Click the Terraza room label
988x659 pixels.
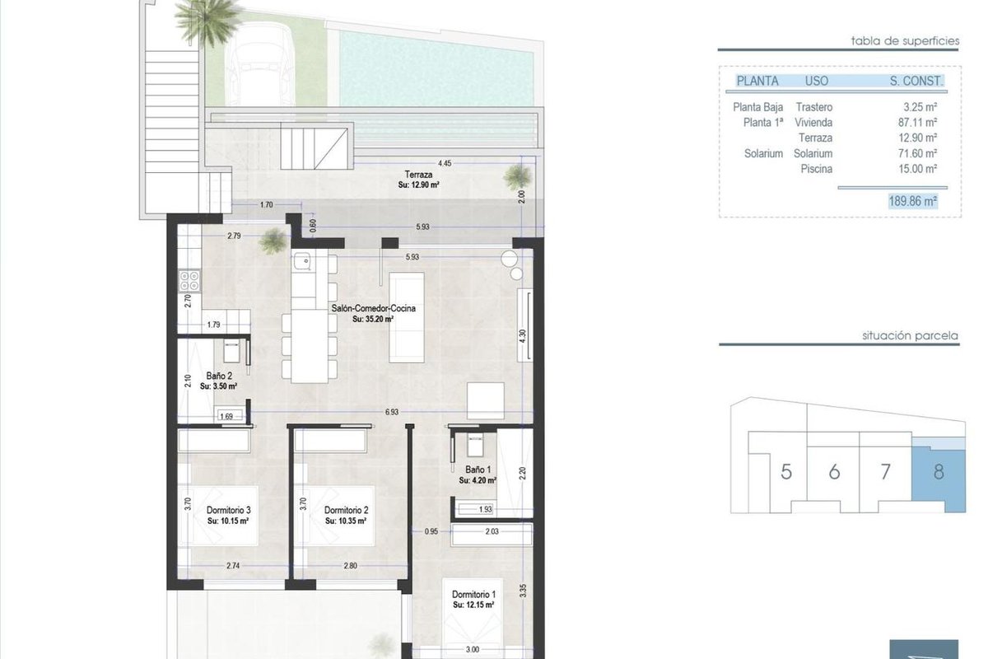418,175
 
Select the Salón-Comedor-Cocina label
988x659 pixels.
374,309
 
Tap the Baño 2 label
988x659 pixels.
219,376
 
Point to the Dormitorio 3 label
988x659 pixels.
229,510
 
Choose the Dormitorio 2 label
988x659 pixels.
347,510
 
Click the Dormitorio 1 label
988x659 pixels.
473,595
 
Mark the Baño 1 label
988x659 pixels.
478,470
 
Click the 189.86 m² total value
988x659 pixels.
912,201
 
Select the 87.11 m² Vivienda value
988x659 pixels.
917,122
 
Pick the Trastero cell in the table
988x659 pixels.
814,107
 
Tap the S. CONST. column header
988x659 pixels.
916,81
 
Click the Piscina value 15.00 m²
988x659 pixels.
917,169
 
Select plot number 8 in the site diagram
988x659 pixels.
939,472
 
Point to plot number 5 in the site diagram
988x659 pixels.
786,472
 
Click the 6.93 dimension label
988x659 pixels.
392,412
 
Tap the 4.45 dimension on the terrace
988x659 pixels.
445,163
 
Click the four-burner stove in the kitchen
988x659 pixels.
189,281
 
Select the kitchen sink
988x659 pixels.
303,260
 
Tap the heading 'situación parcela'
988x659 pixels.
910,336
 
